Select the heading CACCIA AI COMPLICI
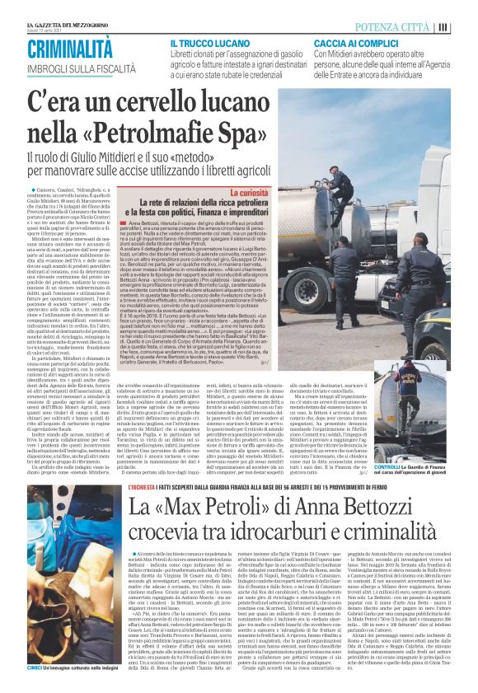click(x=354, y=42)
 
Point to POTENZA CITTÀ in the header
click(x=404, y=26)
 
